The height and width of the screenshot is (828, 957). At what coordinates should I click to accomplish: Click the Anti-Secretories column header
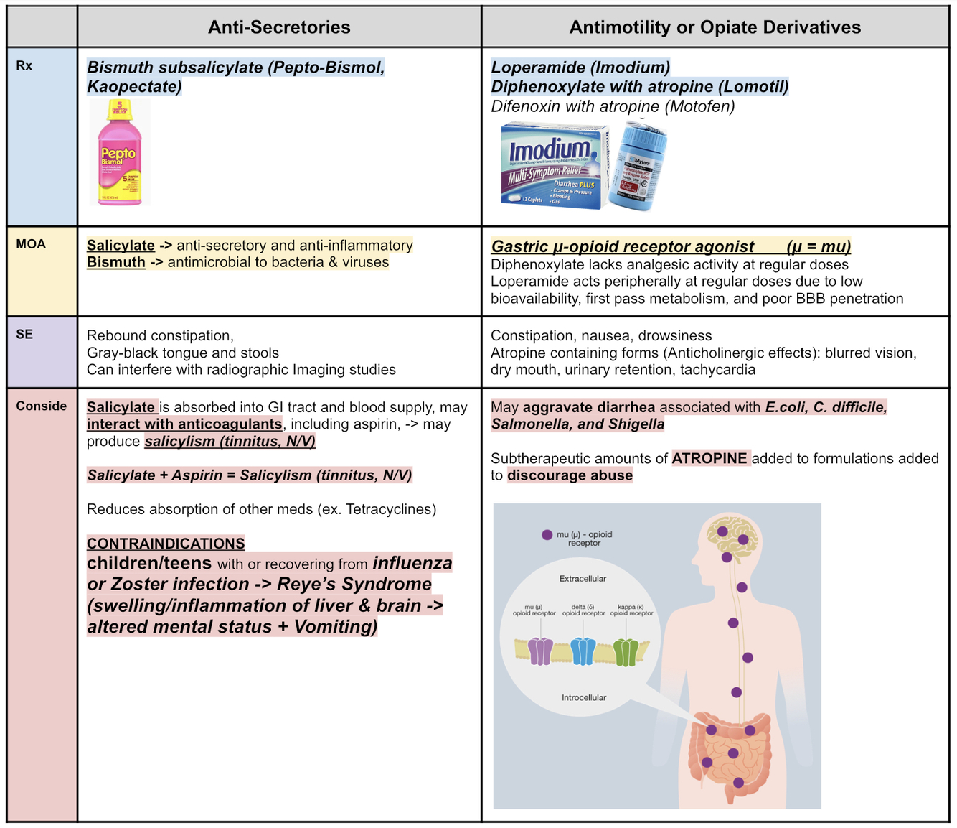pyautogui.click(x=279, y=27)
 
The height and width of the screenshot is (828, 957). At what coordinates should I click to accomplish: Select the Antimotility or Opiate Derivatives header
pyautogui.click(x=715, y=27)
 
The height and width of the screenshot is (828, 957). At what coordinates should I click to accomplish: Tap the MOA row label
pyautogui.click(x=31, y=244)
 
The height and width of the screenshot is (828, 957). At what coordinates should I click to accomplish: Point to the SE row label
pyautogui.click(x=24, y=334)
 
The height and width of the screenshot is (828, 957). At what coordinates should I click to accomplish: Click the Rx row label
pyautogui.click(x=24, y=65)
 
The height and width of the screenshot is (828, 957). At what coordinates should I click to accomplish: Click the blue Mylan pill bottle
pyautogui.click(x=638, y=167)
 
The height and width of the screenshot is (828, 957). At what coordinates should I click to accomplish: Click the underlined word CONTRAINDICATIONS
pyautogui.click(x=166, y=544)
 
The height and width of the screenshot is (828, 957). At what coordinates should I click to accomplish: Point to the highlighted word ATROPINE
pyautogui.click(x=710, y=458)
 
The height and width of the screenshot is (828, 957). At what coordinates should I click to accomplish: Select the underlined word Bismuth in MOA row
pyautogui.click(x=115, y=262)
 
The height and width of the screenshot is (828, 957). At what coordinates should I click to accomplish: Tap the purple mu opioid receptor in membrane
pyautogui.click(x=540, y=651)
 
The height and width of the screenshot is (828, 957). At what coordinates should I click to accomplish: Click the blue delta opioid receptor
pyautogui.click(x=583, y=651)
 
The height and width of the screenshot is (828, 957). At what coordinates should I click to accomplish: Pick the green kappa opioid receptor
pyautogui.click(x=626, y=651)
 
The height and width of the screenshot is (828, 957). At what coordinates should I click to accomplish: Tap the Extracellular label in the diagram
pyautogui.click(x=583, y=579)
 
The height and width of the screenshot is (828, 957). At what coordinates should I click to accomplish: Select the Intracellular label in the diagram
pyautogui.click(x=583, y=697)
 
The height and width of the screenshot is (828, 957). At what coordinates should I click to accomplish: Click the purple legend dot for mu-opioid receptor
pyautogui.click(x=547, y=534)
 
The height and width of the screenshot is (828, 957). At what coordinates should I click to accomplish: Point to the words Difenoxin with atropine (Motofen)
pyautogui.click(x=613, y=106)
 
